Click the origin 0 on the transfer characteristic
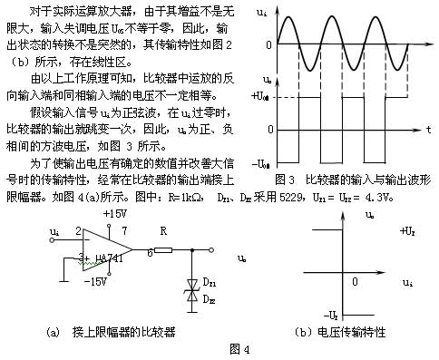355,281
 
